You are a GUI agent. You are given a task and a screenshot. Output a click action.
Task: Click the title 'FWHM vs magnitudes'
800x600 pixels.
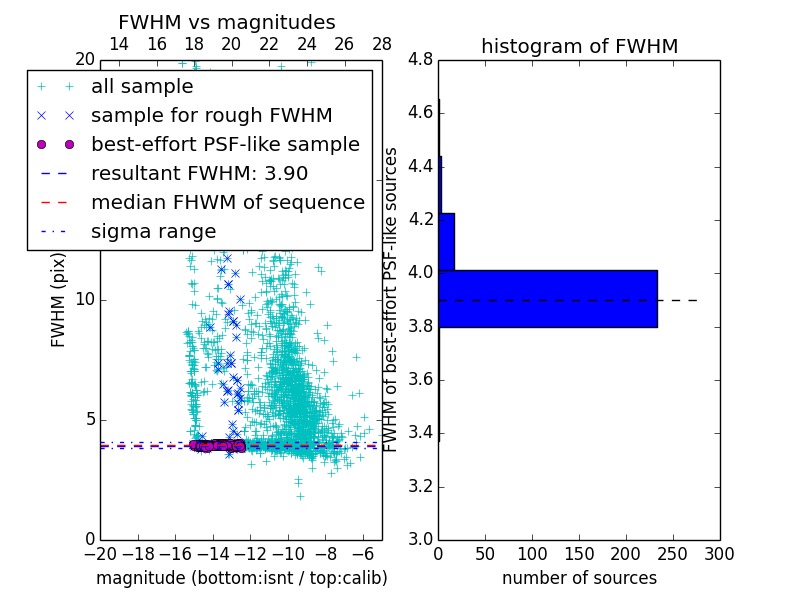tap(227, 23)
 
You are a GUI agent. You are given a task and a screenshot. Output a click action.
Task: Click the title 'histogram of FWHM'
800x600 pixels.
tap(579, 46)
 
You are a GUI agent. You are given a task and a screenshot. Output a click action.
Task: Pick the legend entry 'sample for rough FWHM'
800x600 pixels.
tap(211, 116)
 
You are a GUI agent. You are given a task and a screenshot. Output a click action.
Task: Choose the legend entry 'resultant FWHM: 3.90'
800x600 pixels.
tap(199, 174)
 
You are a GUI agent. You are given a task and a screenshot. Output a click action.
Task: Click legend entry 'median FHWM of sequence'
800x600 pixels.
tap(227, 203)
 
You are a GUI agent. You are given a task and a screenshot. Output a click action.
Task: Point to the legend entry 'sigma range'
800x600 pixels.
tap(153, 232)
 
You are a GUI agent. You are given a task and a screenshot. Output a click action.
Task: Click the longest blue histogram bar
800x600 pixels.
tap(548, 298)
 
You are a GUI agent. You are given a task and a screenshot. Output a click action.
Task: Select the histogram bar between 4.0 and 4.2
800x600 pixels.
tap(447, 241)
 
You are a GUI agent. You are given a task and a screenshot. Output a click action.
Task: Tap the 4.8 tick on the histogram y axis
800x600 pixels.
tap(420, 59)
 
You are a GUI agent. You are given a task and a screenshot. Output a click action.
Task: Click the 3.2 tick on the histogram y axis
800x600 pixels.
tap(420, 487)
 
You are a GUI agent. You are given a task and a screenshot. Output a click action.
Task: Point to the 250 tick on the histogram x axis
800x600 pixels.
tap(673, 552)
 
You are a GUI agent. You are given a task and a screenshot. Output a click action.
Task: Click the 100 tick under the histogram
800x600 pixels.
tap(532, 552)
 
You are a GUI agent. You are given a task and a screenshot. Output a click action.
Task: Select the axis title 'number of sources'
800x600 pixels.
tap(579, 578)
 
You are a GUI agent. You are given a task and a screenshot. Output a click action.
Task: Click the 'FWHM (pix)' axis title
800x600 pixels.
tap(59, 299)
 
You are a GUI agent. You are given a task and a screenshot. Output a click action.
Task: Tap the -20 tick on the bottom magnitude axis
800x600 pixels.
tap(100, 552)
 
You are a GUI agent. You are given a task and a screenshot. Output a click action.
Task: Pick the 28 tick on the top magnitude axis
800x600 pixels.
tap(382, 44)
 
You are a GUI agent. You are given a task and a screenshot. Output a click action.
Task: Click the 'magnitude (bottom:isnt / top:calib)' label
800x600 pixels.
tap(241, 578)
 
